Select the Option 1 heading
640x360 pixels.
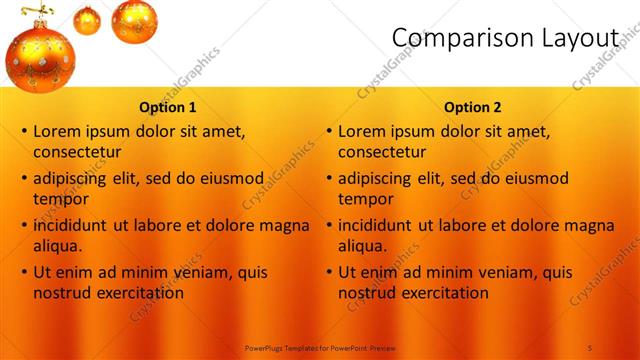pyautogui.click(x=167, y=107)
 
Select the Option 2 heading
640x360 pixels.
pyautogui.click(x=473, y=107)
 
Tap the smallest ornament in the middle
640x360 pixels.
pyautogui.click(x=87, y=20)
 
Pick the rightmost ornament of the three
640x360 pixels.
pyautogui.click(x=133, y=20)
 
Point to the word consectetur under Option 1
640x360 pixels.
pyautogui.click(x=77, y=152)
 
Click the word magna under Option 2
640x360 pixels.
pyautogui.click(x=590, y=225)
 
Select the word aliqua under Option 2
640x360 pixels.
pyautogui.click(x=363, y=246)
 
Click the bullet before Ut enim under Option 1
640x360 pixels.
pyautogui.click(x=24, y=272)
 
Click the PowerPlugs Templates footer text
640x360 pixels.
pyautogui.click(x=319, y=346)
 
